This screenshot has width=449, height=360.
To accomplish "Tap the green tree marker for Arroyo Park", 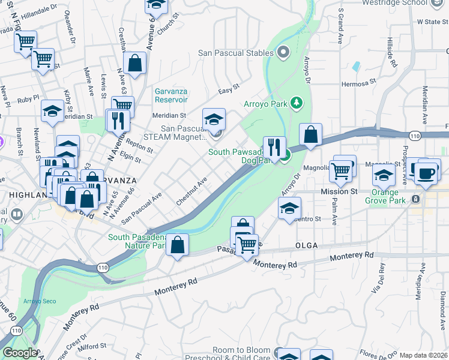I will [296, 103].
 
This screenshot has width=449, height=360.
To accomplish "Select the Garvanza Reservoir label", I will [171, 95].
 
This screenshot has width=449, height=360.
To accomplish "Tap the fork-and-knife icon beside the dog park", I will [274, 146].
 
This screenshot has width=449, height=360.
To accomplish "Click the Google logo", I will [19, 353].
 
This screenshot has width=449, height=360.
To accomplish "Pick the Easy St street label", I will [228, 89].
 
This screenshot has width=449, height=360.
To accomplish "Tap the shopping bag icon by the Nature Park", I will [178, 244].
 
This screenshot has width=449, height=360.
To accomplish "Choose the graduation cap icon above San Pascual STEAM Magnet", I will [214, 118].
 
